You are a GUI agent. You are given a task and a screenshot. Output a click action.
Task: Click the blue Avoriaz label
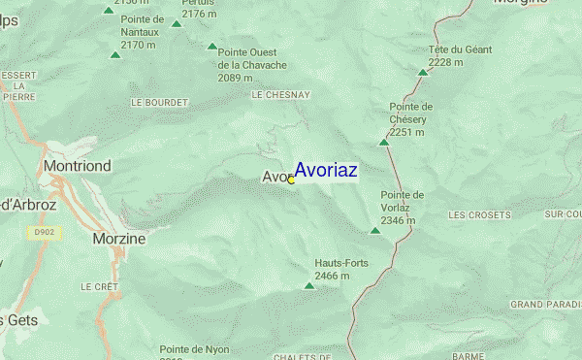326,170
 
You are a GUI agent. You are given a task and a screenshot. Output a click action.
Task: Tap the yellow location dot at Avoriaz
291,180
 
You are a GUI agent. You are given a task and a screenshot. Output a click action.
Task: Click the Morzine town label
118,238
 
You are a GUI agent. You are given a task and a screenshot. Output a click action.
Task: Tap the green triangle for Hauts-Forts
309,286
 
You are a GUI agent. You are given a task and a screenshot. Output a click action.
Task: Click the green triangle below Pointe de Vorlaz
375,231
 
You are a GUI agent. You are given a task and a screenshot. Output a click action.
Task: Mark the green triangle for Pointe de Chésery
384,143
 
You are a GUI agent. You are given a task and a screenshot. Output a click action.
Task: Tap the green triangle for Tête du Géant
423,72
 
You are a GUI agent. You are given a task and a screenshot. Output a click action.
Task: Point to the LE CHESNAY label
280,96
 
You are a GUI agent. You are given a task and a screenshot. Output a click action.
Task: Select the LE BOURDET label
157,102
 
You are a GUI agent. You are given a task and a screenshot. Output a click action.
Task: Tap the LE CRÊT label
99,287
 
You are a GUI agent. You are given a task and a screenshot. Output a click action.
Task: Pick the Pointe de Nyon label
194,348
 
